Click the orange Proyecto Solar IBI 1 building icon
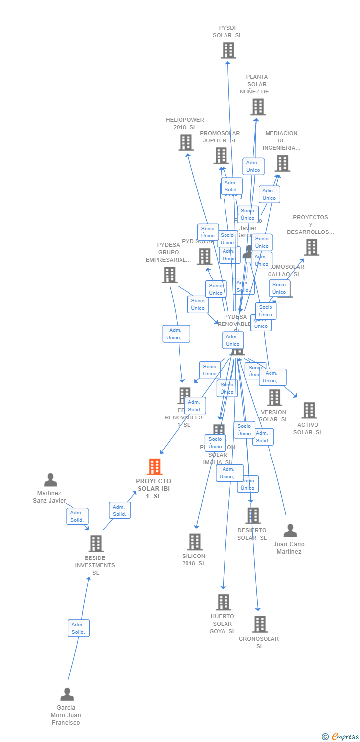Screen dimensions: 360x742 coord(155,466)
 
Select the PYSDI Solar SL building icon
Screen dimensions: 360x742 coord(228,50)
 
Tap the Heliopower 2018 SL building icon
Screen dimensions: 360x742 coord(186,142)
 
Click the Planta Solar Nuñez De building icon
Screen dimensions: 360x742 coord(258,107)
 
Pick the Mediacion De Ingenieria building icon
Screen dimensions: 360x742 coord(282,163)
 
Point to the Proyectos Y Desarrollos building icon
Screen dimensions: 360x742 coord(312,247)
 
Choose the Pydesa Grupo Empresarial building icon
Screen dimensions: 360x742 coord(169,275)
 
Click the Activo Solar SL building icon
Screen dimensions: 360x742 coord(309,410)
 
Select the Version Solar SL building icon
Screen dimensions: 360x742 coord(274,397)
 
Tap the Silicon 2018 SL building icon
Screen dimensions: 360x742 coord(195,542)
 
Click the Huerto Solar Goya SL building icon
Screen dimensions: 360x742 coord(224,602)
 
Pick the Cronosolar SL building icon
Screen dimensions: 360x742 coord(260,624)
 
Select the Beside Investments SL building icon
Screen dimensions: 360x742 coord(96,544)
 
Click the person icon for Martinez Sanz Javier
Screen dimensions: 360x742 coord(50,480)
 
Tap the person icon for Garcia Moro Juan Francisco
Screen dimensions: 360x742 coord(67,695)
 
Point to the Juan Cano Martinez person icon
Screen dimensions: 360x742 coord(290,531)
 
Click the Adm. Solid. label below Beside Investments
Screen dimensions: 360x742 coord(79,628)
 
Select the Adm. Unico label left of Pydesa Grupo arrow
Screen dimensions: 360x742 coord(176,334)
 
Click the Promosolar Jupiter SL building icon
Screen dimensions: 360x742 coord(221,156)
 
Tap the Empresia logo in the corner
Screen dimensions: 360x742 coord(341,737)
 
